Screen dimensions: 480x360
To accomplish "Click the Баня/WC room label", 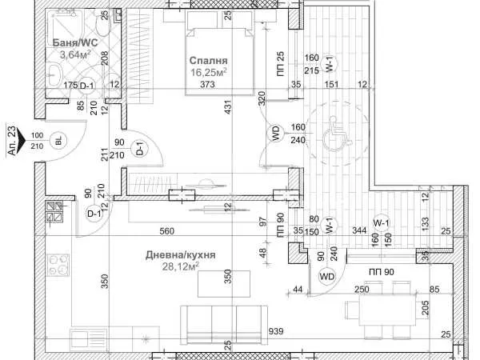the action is pos(75,42).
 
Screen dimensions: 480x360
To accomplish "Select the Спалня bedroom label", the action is pos(209,60).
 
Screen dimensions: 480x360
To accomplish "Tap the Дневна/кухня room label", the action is pos(180,254).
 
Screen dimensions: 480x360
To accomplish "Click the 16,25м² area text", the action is pos(209,73).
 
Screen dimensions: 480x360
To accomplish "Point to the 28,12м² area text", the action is pos(180,266).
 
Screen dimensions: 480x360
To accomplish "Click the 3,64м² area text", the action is pos(75,54).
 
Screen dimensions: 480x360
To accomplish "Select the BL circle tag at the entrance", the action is pos(58,141).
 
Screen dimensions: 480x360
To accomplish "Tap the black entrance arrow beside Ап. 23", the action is pos(22,140).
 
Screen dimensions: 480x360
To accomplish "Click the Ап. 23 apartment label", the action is pos(11,140).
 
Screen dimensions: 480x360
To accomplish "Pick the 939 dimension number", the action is pos(276,331).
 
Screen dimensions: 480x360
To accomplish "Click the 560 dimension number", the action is pos(167,231).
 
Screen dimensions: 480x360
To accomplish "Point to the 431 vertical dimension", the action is pos(228,107).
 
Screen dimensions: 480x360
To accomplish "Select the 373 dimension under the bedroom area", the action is pos(207,84).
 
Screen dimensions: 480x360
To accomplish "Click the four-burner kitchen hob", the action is pos(58,266).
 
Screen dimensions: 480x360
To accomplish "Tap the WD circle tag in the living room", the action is pos(326,277).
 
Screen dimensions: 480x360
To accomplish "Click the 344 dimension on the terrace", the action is pos(359,230).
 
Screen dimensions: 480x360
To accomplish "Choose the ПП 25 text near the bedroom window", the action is pos(281,64).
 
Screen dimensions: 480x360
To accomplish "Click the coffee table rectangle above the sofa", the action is pos(224,284).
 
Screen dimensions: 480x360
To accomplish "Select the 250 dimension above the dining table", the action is pos(362,290).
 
